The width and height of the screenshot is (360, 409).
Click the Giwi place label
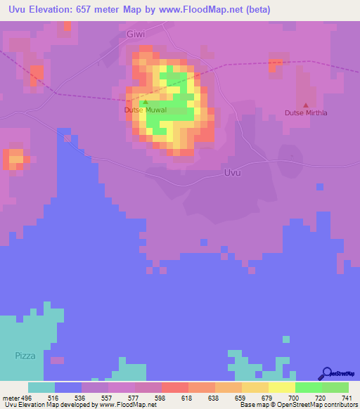coord(137,34)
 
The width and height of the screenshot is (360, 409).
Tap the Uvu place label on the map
coord(231,173)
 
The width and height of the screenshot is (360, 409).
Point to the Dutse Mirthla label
coord(306,112)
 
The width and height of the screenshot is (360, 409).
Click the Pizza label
coord(25,356)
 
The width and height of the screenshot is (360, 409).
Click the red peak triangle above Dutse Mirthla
coord(305,105)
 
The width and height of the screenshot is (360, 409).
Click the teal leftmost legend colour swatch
coord(41,387)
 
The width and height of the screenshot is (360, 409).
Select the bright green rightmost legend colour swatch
coord(335,387)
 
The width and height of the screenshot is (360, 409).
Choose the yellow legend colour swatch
coord(282,387)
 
